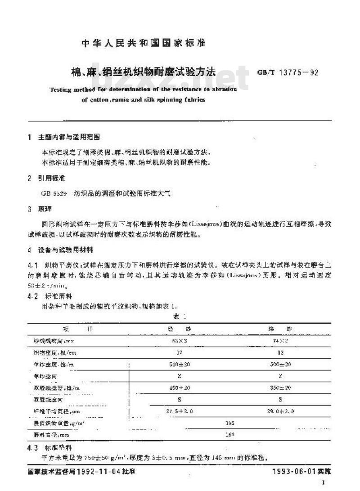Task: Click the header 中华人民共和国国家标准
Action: point(143,44)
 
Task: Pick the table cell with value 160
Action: point(230,435)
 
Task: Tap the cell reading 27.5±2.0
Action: point(179,411)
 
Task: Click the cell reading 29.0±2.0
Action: point(280,411)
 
